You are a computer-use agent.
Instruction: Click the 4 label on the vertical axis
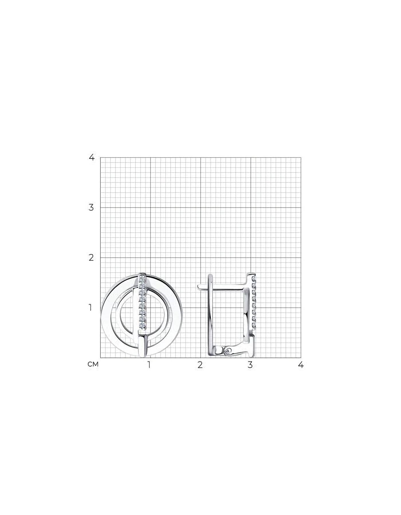(92, 157)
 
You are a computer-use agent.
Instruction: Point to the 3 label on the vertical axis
(91, 207)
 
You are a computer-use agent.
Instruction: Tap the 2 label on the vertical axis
(91, 257)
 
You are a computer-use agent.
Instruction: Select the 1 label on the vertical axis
(91, 308)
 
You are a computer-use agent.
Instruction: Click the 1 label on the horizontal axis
(149, 365)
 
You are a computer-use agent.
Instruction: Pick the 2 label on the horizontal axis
(200, 365)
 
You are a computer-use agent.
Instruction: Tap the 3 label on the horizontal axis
(250, 365)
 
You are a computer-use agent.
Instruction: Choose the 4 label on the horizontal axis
(301, 365)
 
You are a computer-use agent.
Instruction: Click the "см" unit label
(93, 365)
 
